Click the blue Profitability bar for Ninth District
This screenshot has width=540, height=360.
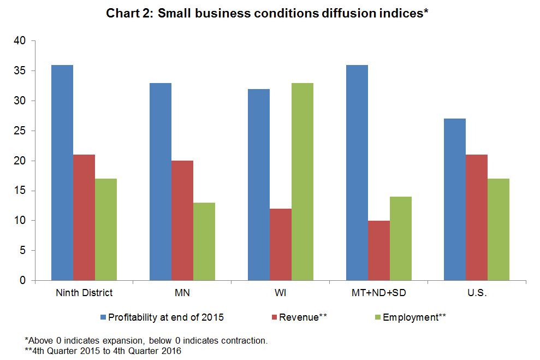tap(62, 173)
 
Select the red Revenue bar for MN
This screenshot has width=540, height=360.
tap(182, 221)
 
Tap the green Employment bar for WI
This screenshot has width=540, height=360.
tap(302, 182)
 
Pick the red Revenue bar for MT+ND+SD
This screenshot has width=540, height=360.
tap(379, 251)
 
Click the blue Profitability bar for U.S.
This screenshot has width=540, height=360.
tap(455, 199)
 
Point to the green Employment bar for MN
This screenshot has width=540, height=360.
tap(204, 241)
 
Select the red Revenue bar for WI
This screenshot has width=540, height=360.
tap(281, 245)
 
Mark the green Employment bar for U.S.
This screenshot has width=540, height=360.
tap(499, 229)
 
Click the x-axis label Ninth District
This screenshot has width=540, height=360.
tap(84, 293)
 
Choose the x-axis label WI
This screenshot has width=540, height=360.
tap(281, 293)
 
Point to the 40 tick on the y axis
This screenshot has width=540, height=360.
tap(19, 41)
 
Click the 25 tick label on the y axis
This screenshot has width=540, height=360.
tap(19, 131)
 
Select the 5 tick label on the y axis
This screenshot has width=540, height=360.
tap(22, 251)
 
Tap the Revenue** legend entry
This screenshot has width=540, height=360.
tap(302, 317)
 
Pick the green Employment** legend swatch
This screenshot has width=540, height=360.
tap(378, 317)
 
